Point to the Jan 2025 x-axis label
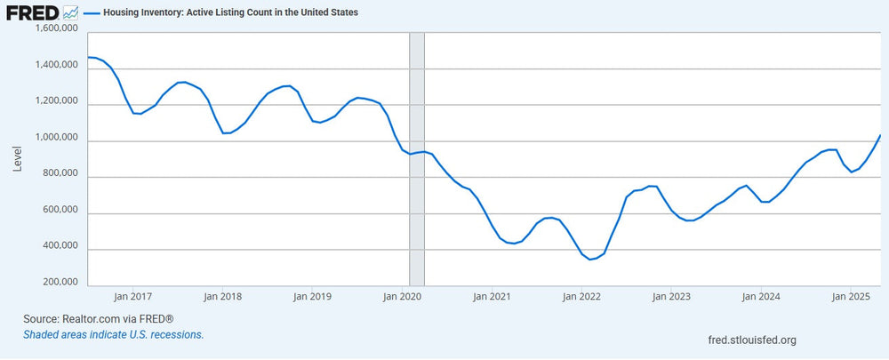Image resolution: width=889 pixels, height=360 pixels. (x=852, y=297)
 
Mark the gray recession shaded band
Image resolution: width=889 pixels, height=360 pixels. (x=416, y=160)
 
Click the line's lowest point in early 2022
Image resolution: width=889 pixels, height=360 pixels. (x=590, y=260)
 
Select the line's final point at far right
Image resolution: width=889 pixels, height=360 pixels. (x=880, y=135)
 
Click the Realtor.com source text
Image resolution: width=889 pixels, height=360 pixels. (x=98, y=317)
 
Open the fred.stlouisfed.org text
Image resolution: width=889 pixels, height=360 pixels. (x=749, y=340)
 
